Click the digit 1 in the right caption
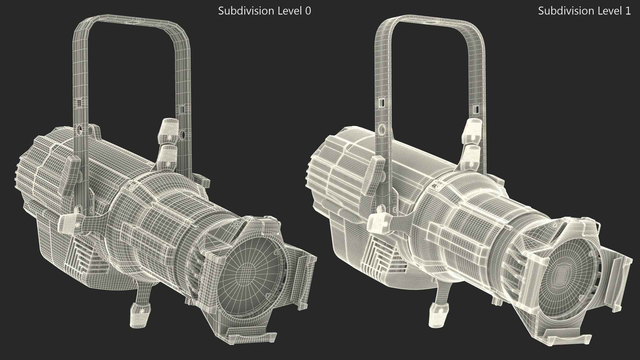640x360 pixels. pos(628,11)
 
